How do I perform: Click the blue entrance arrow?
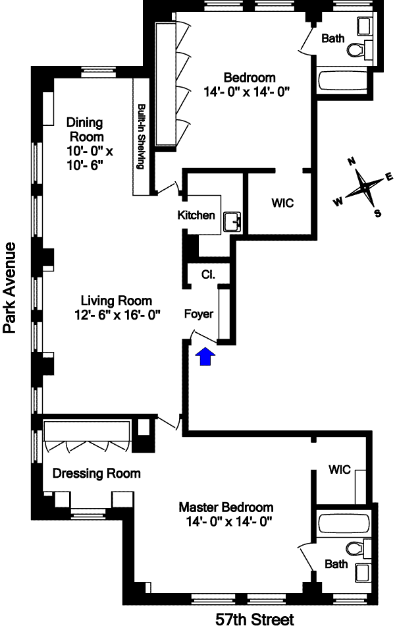205,357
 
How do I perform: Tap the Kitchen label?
196,215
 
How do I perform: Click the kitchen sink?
232,222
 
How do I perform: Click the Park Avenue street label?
10,287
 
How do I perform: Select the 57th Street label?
255,619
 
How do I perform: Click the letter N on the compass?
352,161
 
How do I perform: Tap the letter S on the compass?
377,213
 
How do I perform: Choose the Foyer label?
199,314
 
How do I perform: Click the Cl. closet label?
208,275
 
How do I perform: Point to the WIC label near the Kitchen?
282,203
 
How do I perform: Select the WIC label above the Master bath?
340,469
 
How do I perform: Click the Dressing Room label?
97,473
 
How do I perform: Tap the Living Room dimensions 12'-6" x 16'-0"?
117,315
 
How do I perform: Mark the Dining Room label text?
85,130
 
